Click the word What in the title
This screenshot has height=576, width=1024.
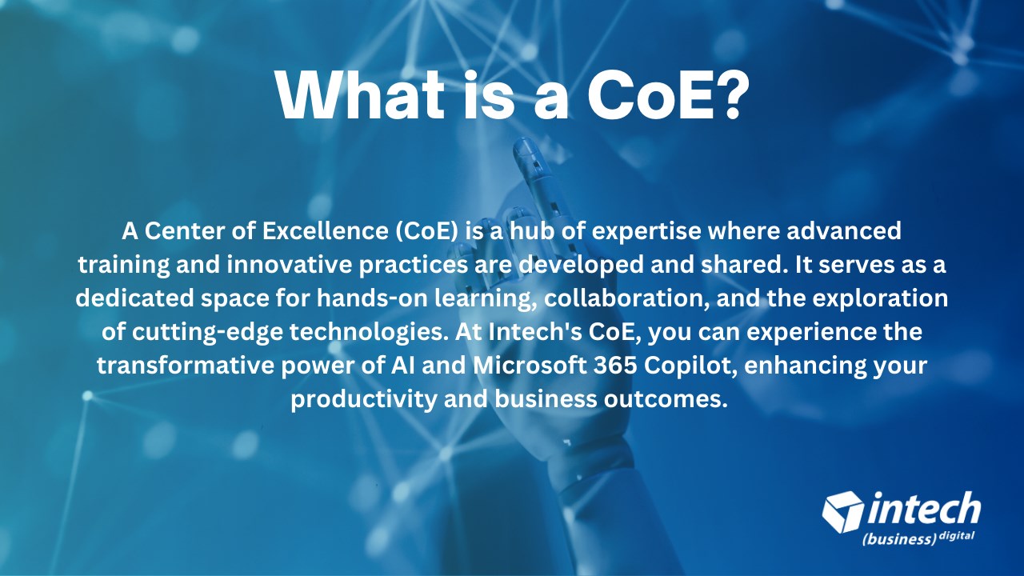coord(360,95)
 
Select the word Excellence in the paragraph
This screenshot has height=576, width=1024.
coord(326,231)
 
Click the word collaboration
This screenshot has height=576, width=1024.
coord(626,298)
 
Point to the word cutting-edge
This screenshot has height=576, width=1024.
coord(207,332)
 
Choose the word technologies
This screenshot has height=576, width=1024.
coord(370,332)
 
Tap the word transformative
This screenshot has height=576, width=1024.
coord(186,366)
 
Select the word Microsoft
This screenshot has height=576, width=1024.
coord(530,366)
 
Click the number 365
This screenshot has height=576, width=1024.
coord(615,366)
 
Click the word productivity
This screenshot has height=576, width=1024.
coord(364,399)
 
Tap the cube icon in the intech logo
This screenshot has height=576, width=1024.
coord(843,511)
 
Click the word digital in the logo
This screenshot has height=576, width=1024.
coord(956,537)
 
